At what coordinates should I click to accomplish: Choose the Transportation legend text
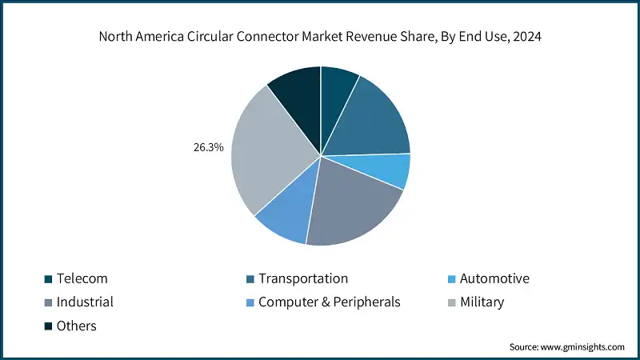coord(303,278)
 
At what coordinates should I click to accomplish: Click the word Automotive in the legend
coord(494,278)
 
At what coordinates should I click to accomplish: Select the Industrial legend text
coord(85,302)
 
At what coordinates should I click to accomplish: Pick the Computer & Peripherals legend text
coord(329,302)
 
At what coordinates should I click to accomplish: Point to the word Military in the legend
coord(482,302)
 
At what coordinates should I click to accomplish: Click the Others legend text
coord(76,326)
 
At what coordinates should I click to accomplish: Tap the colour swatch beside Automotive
coord(451,279)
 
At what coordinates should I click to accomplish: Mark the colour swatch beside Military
coord(451,302)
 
